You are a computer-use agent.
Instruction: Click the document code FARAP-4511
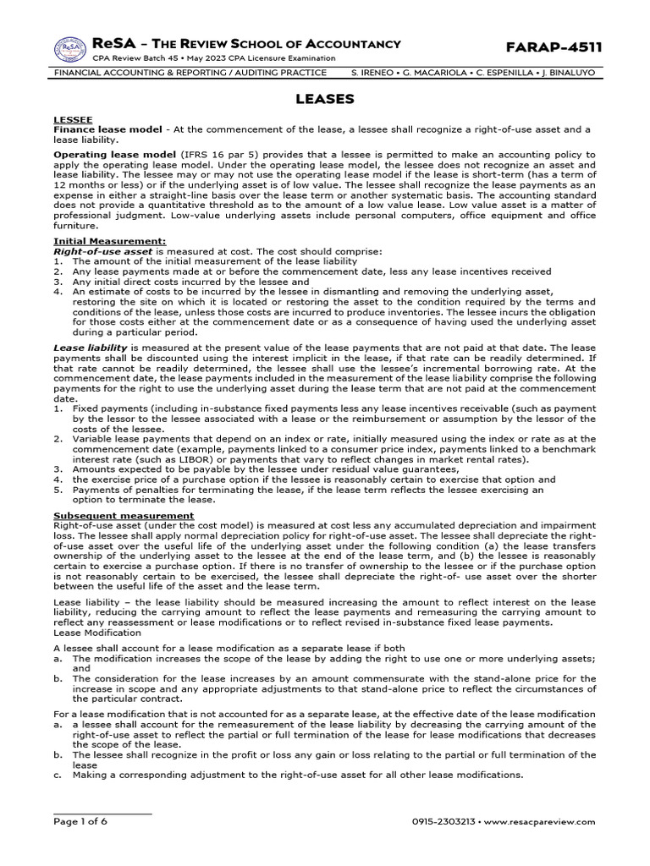(x=554, y=47)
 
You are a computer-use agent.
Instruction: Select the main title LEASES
(x=324, y=99)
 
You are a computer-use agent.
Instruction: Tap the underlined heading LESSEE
(x=73, y=120)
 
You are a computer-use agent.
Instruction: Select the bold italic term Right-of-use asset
(x=102, y=251)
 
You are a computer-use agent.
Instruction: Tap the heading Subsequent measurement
(x=124, y=515)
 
